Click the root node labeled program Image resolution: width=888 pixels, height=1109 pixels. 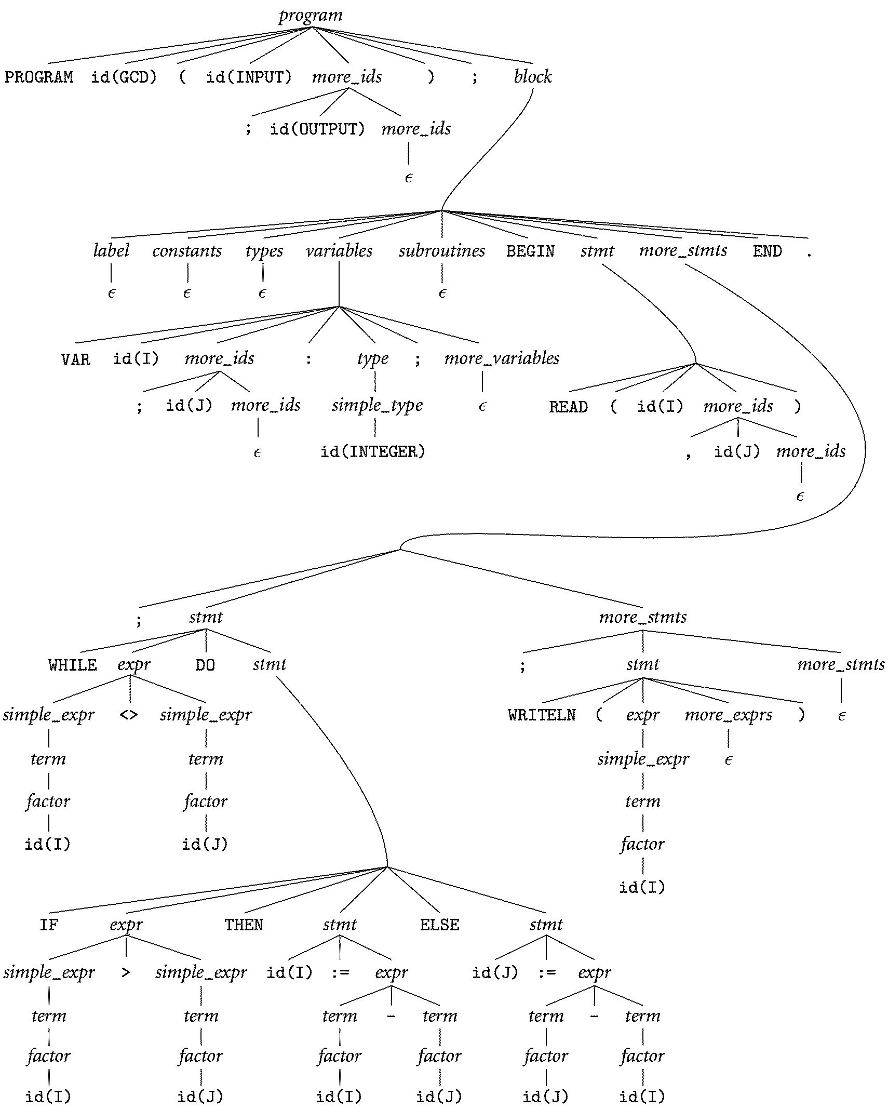click(311, 15)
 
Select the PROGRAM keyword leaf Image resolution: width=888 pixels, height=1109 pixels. click(39, 77)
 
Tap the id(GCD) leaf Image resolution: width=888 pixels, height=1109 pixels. click(124, 77)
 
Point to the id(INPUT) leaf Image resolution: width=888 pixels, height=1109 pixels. click(249, 77)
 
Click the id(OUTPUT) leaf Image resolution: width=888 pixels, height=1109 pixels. click(317, 129)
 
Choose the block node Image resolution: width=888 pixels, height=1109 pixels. click(533, 77)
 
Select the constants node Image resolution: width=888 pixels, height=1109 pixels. click(187, 251)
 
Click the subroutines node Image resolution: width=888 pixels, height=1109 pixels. click(442, 251)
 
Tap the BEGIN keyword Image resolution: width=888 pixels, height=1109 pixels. click(530, 251)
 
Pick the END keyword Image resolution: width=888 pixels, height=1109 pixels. click(767, 251)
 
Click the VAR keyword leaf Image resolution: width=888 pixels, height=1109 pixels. click(75, 359)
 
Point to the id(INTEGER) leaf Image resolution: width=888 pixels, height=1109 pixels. click(373, 451)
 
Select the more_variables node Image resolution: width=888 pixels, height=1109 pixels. click(502, 358)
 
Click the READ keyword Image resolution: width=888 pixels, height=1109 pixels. click(568, 407)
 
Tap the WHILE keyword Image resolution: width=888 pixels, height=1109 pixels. click(73, 665)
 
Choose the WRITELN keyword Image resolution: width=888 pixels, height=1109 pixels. click(542, 715)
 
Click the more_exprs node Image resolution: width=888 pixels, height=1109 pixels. click(728, 715)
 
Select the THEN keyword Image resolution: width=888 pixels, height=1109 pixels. click(244, 925)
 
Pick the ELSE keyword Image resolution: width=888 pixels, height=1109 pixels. click(439, 925)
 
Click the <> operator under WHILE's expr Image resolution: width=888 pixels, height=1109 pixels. click(129, 715)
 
